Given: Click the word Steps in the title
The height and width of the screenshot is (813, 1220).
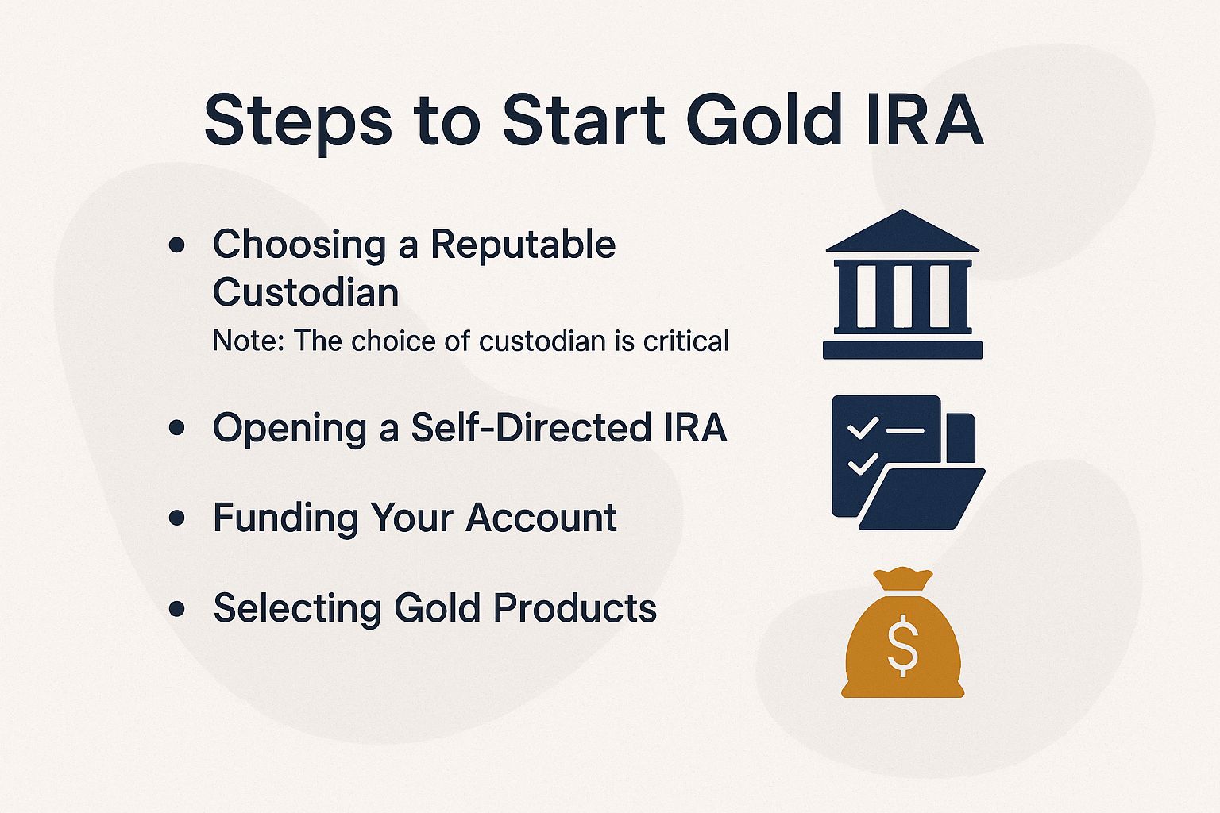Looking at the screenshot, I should [298, 121].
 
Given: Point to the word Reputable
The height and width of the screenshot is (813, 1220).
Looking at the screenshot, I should [523, 244].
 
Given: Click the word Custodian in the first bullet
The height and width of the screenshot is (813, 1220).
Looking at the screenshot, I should [306, 292].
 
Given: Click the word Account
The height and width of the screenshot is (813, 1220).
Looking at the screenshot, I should [541, 518].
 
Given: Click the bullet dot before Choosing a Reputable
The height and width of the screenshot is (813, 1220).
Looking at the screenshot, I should [177, 245].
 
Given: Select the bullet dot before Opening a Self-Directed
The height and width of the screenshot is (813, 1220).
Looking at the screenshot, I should [177, 429].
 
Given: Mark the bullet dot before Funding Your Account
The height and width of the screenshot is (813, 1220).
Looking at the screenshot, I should [177, 518].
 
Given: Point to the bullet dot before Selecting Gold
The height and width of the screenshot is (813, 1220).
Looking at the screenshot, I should [177, 609].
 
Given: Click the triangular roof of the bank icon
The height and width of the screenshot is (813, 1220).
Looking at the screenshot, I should [902, 232].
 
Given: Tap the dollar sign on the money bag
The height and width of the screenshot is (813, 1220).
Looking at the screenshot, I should [903, 646].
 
